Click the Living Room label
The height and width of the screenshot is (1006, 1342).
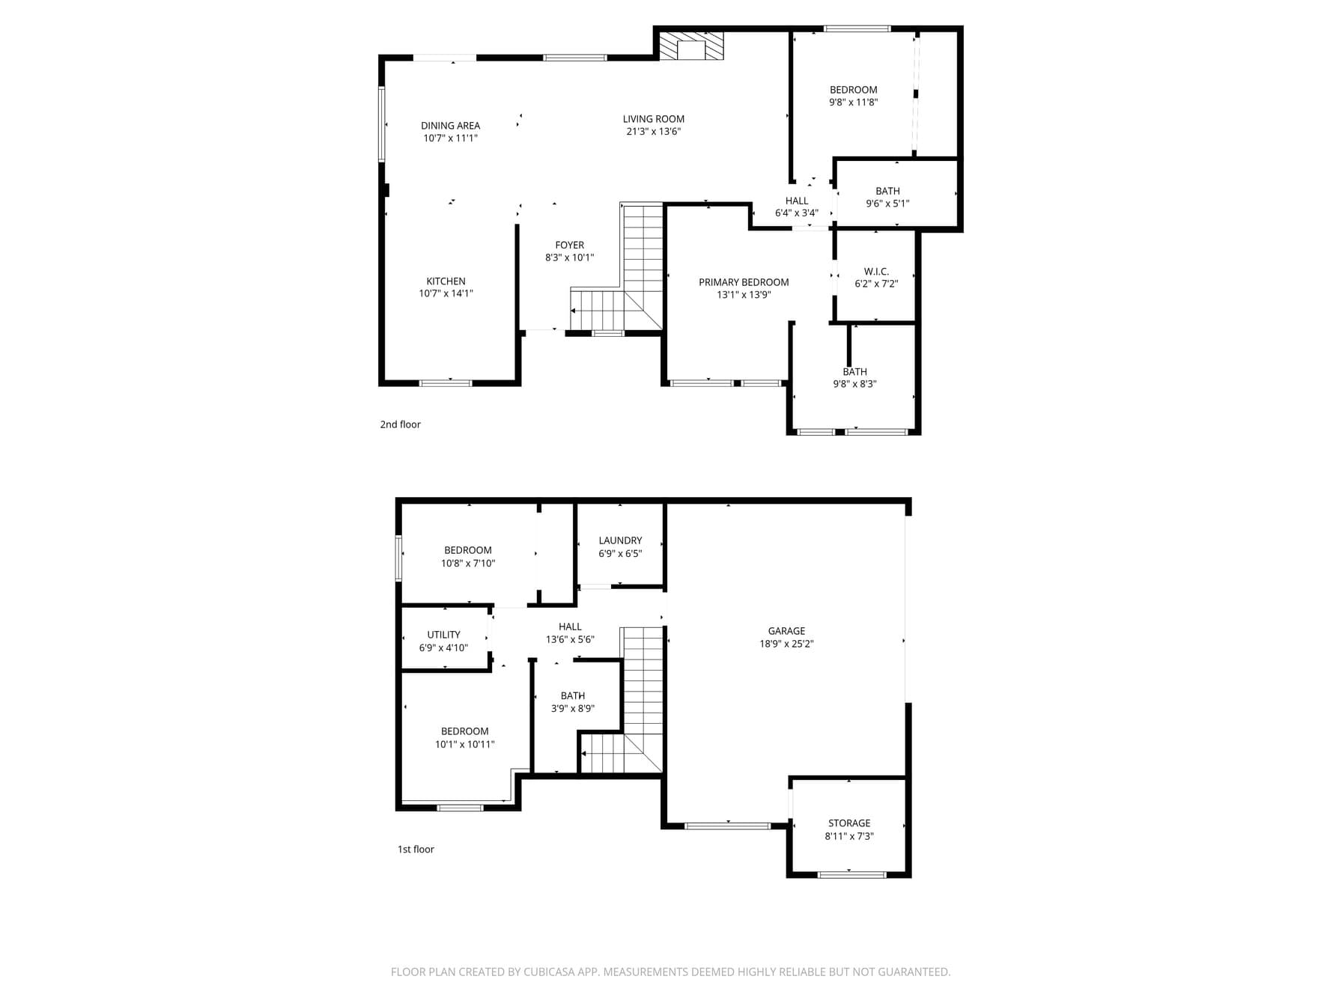point(653,119)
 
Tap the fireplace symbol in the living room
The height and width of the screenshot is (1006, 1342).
point(692,45)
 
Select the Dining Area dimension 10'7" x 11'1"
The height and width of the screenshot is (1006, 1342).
point(450,138)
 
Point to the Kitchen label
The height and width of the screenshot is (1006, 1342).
point(446,281)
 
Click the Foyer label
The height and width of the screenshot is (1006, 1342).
point(569,245)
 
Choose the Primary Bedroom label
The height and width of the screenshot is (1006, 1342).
point(744,282)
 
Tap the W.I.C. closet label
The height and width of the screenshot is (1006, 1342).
point(876,272)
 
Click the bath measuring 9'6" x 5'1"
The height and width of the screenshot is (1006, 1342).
point(887,197)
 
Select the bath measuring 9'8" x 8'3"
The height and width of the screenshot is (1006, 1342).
point(854,378)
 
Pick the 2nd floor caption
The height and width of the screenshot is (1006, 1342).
point(400,424)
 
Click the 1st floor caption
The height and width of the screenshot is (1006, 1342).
point(416,850)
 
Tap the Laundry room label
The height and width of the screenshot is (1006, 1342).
point(620,540)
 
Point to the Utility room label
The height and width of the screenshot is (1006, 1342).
point(443,635)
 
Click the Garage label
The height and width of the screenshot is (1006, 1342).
point(786,631)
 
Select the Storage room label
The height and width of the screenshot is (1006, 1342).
point(848,823)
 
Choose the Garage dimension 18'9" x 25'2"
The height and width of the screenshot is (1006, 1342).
point(786,644)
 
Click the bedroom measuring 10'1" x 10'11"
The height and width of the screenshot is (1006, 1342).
point(464,738)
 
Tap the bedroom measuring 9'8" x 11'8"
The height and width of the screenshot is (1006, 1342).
point(853,96)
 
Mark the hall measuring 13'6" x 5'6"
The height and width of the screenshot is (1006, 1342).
point(570,633)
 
